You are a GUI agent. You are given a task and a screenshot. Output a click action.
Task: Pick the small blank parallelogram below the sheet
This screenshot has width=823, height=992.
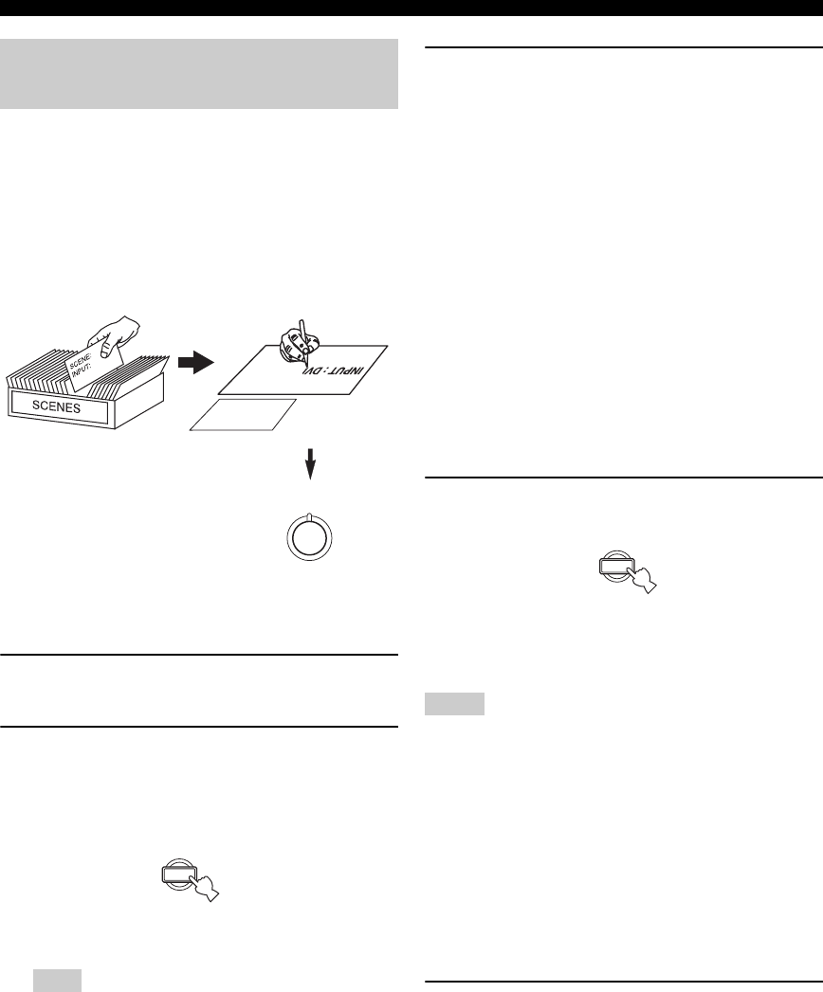243,415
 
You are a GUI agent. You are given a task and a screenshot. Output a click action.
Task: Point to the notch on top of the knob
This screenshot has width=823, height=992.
312,514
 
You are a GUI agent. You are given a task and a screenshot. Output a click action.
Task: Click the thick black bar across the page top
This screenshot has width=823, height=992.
411,9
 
